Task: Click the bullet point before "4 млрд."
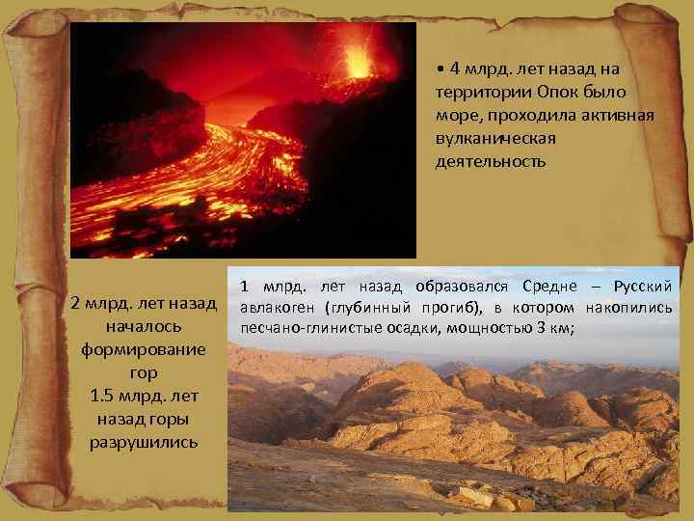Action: pos(439,69)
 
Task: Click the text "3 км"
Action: pos(553,329)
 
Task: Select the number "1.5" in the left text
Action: pos(102,396)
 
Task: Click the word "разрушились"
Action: pos(144,442)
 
